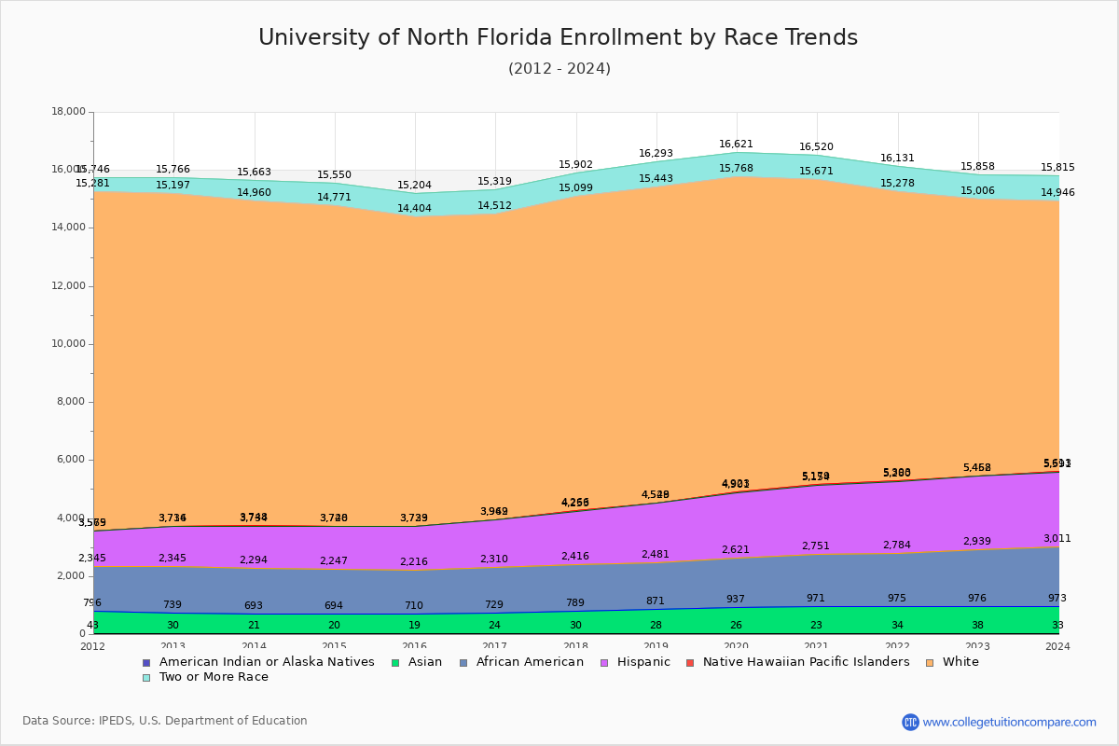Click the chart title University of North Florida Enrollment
pyautogui.click(x=558, y=37)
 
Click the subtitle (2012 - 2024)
pyautogui.click(x=559, y=69)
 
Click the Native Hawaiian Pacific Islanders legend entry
pyautogui.click(x=806, y=662)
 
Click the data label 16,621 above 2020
pyautogui.click(x=737, y=145)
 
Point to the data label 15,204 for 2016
pyautogui.click(x=415, y=186)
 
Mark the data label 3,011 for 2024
pyautogui.click(x=1057, y=539)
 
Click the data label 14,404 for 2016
pyautogui.click(x=415, y=209)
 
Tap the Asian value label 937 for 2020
pyautogui.click(x=737, y=600)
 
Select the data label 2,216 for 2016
pyautogui.click(x=415, y=562)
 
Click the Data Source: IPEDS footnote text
pyautogui.click(x=165, y=721)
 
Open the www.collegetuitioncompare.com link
pyautogui.click(x=1009, y=722)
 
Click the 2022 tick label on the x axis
pyautogui.click(x=897, y=646)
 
